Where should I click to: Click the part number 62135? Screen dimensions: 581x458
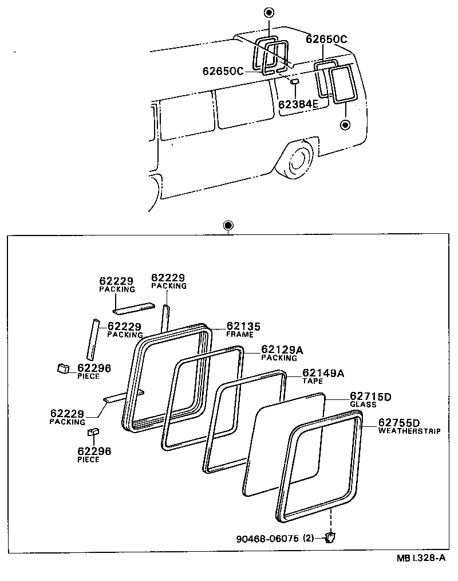[x=243, y=326]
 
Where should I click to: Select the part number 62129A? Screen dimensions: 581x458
[x=282, y=349]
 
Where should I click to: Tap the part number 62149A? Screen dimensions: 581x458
[x=323, y=373]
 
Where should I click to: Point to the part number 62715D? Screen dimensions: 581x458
[x=370, y=397]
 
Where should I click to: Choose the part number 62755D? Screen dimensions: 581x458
[x=399, y=423]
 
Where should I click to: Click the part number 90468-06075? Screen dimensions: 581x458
[x=267, y=539]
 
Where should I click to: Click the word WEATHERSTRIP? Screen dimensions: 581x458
[x=409, y=431]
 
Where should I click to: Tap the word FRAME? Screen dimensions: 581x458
[x=239, y=334]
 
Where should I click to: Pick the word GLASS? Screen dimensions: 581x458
[x=363, y=405]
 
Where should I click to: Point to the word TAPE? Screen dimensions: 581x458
[x=313, y=381]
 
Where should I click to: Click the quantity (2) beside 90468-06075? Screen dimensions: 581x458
[x=309, y=539]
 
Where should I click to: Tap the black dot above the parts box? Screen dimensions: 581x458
[x=228, y=225]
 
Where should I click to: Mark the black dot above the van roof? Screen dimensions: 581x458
[x=270, y=13]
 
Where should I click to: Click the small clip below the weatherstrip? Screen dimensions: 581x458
[x=330, y=537]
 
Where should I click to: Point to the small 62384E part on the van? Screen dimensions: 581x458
[x=295, y=82]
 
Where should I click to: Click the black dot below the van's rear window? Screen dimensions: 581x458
[x=344, y=124]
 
